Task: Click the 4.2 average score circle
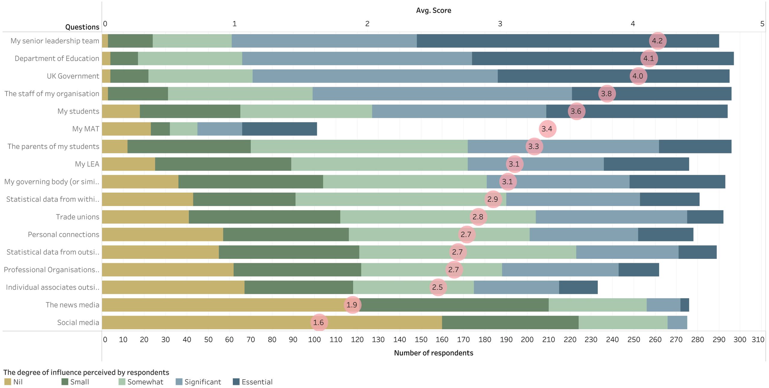(657, 41)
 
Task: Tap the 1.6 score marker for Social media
(319, 323)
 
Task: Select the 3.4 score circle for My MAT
(547, 129)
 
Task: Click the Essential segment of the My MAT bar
(279, 129)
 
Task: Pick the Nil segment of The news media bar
(222, 305)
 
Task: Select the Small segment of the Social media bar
(510, 323)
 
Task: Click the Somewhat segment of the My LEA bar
(379, 164)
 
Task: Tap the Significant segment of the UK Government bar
(375, 76)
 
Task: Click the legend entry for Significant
(199, 382)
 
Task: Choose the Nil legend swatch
(8, 382)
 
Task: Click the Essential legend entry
(253, 382)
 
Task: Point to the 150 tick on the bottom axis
(421, 340)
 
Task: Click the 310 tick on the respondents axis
(758, 340)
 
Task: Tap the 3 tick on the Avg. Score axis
(500, 24)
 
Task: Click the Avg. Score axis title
(433, 11)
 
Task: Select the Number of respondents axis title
(433, 353)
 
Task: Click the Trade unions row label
(77, 217)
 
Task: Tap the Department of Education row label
(57, 58)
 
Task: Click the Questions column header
(82, 27)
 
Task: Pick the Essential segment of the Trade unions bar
(705, 217)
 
